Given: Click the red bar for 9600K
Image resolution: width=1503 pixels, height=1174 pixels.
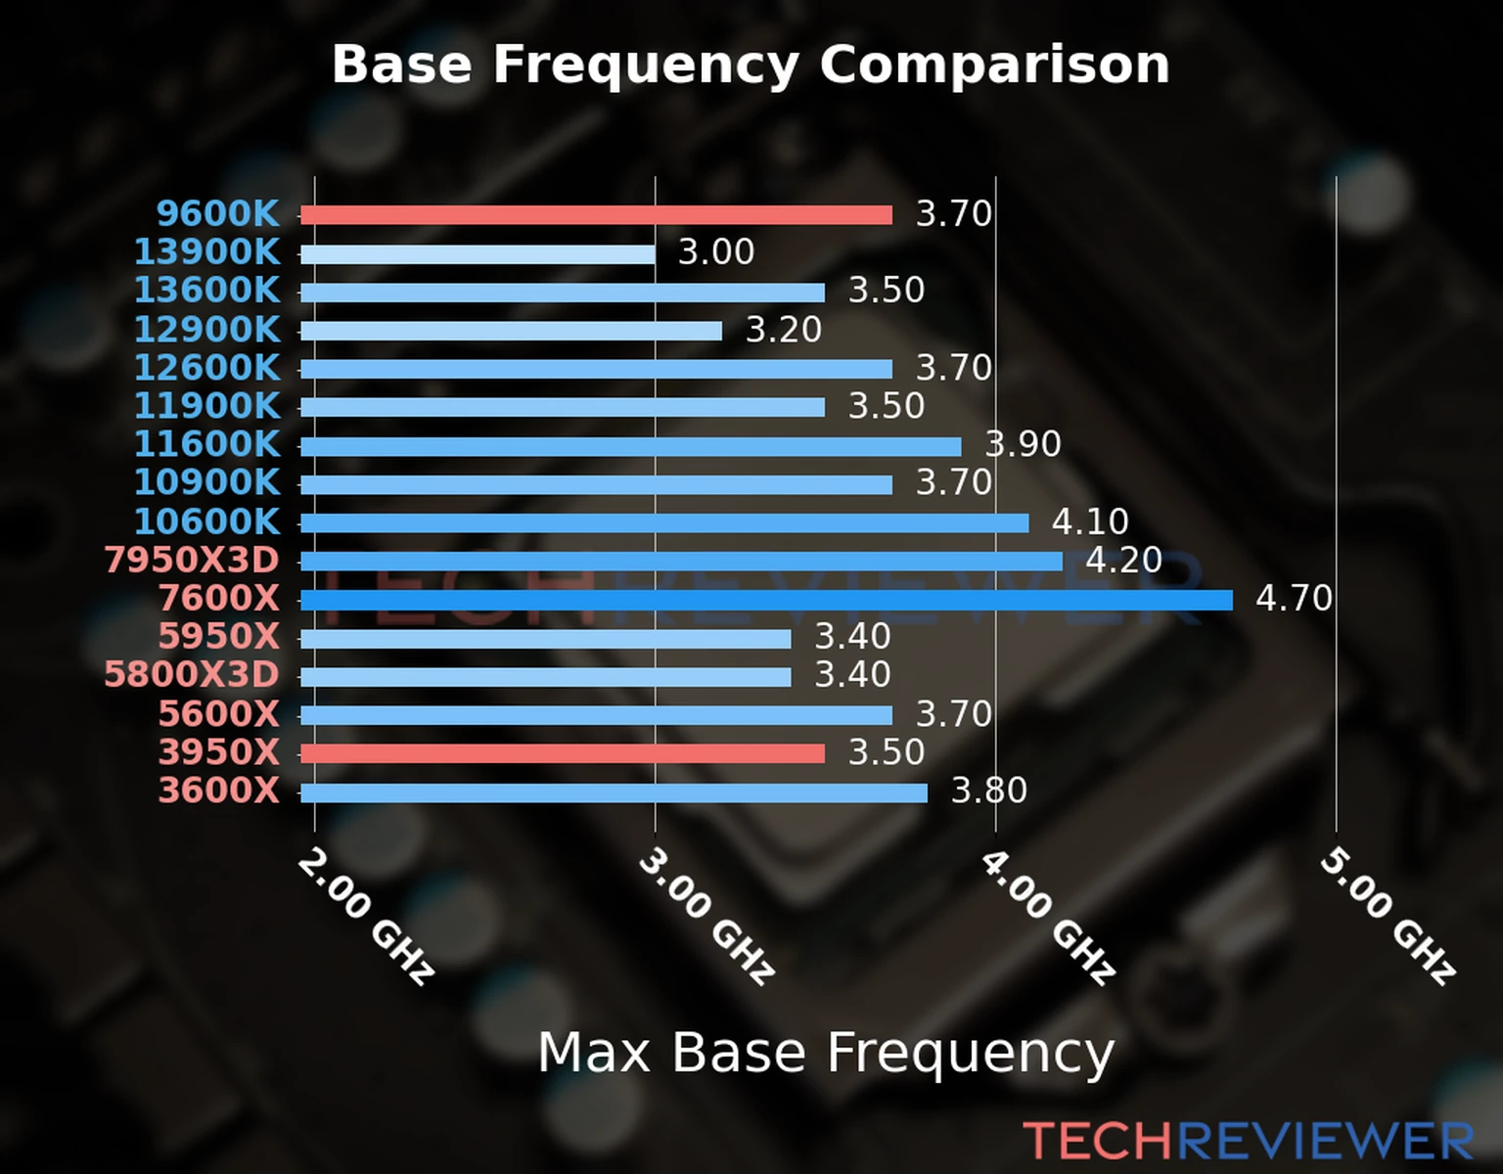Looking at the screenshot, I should click(596, 215).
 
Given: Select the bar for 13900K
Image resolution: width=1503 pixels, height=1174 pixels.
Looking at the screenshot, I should click(478, 254).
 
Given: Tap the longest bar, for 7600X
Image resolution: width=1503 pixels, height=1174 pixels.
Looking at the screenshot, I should click(766, 600).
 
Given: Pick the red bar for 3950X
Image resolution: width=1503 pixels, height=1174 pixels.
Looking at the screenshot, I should click(562, 753).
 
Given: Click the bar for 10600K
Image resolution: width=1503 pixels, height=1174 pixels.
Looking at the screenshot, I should click(664, 523).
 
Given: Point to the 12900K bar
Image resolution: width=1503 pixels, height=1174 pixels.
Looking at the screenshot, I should click(511, 332).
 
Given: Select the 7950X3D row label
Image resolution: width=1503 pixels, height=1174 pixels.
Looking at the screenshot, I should click(192, 561).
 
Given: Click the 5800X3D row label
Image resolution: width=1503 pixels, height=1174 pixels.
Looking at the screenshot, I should click(192, 675).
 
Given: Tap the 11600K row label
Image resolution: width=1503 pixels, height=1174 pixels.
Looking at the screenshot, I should click(206, 444).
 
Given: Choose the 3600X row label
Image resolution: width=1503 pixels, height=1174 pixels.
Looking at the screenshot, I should click(219, 790).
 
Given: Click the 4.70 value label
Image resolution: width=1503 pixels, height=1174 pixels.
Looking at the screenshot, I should click(1294, 598).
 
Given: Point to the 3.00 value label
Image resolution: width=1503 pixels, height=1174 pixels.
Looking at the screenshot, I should click(716, 252).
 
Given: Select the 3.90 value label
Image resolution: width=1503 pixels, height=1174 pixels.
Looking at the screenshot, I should click(1023, 444).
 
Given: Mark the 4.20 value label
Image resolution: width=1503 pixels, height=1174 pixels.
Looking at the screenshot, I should click(1123, 561).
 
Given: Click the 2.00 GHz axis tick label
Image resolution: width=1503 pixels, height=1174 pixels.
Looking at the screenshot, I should click(366, 916).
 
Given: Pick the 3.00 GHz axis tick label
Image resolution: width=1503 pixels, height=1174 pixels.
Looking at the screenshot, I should click(706, 916).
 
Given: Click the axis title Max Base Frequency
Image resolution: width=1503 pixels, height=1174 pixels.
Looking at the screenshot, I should click(826, 1054).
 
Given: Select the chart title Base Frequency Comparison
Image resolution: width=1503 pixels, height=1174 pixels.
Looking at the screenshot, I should click(751, 65).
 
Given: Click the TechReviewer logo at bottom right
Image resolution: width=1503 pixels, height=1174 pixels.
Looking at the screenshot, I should click(1248, 1141).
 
